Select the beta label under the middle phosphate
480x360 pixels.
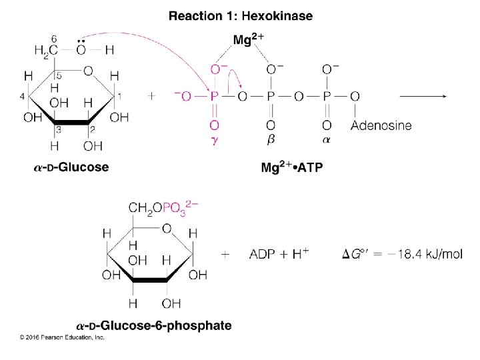[x=271, y=141]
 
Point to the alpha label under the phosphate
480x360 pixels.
[x=327, y=141]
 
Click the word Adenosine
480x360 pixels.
[x=381, y=125]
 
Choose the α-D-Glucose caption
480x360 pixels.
[x=71, y=167]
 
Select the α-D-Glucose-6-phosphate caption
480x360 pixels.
[x=154, y=326]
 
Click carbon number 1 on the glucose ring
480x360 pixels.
[x=120, y=97]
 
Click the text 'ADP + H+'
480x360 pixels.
[x=283, y=254]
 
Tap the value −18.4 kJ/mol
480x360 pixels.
[x=426, y=254]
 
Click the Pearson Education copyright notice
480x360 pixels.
[x=62, y=338]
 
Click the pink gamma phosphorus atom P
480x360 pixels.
[x=214, y=97]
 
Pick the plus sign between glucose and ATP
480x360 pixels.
[x=152, y=97]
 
